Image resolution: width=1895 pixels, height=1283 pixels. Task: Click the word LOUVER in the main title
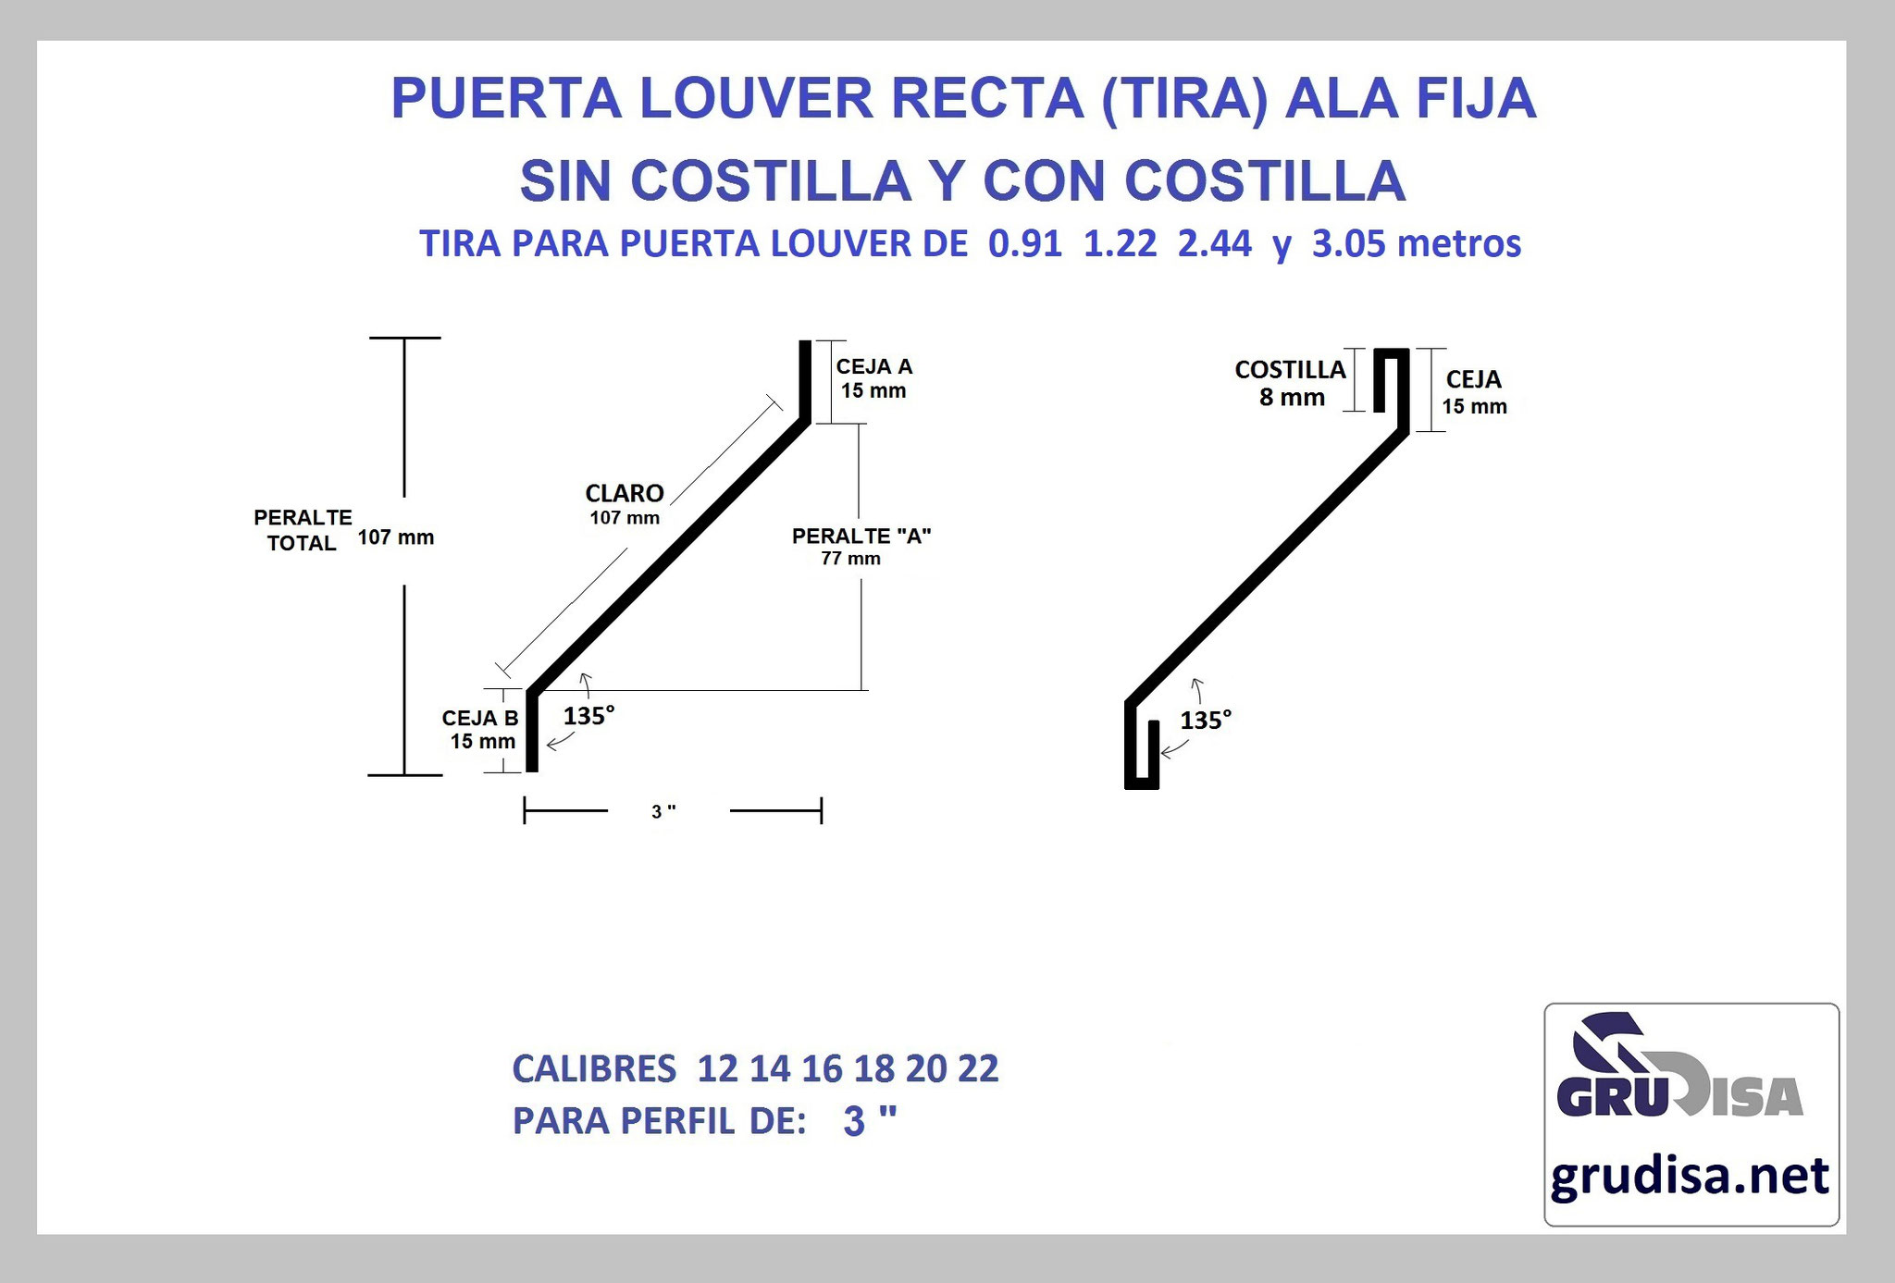tap(756, 98)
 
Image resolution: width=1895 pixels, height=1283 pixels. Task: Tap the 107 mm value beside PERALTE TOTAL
tap(396, 537)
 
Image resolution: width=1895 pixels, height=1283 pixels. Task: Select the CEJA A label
tap(874, 366)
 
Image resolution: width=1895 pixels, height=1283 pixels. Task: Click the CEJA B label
tap(480, 718)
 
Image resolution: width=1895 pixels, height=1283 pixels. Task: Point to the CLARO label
tap(625, 493)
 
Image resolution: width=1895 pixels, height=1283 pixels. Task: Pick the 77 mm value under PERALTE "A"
tap(851, 559)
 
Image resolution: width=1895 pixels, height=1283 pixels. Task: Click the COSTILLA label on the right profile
tap(1290, 370)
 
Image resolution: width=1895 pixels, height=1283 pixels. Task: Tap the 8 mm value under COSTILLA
tap(1292, 398)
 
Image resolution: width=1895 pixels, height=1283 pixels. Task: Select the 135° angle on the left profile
tap(589, 716)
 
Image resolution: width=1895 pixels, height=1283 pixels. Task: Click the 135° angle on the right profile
tap(1206, 720)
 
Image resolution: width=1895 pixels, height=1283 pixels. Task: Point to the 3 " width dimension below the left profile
tap(663, 812)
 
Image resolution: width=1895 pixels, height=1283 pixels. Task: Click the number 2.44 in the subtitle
tap(1215, 244)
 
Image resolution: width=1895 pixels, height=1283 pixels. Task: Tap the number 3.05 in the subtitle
tap(1349, 244)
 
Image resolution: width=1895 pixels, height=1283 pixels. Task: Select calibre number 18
tap(874, 1068)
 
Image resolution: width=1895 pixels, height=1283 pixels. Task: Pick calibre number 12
tap(718, 1068)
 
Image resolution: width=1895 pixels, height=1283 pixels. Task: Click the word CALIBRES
tap(594, 1068)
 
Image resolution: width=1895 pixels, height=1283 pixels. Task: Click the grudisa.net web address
tap(1690, 1177)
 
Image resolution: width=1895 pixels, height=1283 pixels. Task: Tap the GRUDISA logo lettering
tap(1679, 1096)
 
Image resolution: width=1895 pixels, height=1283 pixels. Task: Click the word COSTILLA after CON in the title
tap(1265, 180)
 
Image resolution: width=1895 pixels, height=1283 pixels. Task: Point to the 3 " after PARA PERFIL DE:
tap(870, 1121)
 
